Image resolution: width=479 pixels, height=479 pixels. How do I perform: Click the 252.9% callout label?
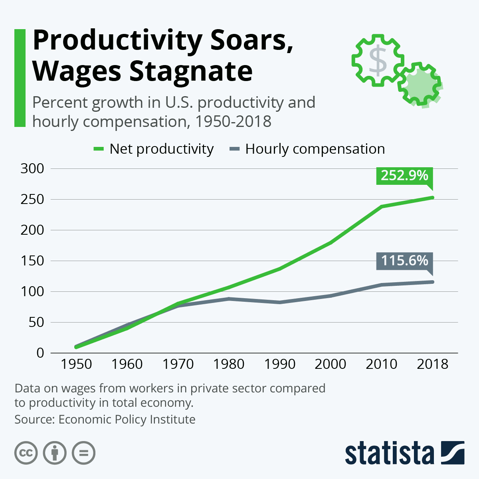(404, 176)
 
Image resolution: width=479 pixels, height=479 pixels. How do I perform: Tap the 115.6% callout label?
(404, 261)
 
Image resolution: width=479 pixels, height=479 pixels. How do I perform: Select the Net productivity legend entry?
(154, 149)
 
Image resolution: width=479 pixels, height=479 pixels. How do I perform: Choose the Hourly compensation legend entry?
(307, 149)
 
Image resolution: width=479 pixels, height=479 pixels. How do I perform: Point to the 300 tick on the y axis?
(32, 168)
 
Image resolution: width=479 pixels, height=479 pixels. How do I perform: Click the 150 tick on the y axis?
(32, 261)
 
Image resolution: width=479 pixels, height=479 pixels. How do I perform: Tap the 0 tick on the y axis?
(40, 353)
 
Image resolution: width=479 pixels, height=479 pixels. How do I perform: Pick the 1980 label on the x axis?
(229, 364)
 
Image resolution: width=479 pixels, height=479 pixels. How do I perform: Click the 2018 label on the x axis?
(433, 364)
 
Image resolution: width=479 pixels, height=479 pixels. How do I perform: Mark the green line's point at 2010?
(382, 206)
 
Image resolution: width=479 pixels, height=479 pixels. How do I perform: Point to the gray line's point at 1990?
(280, 302)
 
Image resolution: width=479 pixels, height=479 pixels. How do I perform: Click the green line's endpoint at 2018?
(433, 197)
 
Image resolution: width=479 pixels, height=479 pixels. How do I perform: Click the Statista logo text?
(389, 453)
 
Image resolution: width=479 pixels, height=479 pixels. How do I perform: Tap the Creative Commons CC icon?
(26, 453)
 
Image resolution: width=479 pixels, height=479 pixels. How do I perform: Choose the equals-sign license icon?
(84, 453)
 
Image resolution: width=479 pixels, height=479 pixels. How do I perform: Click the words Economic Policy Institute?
(127, 420)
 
